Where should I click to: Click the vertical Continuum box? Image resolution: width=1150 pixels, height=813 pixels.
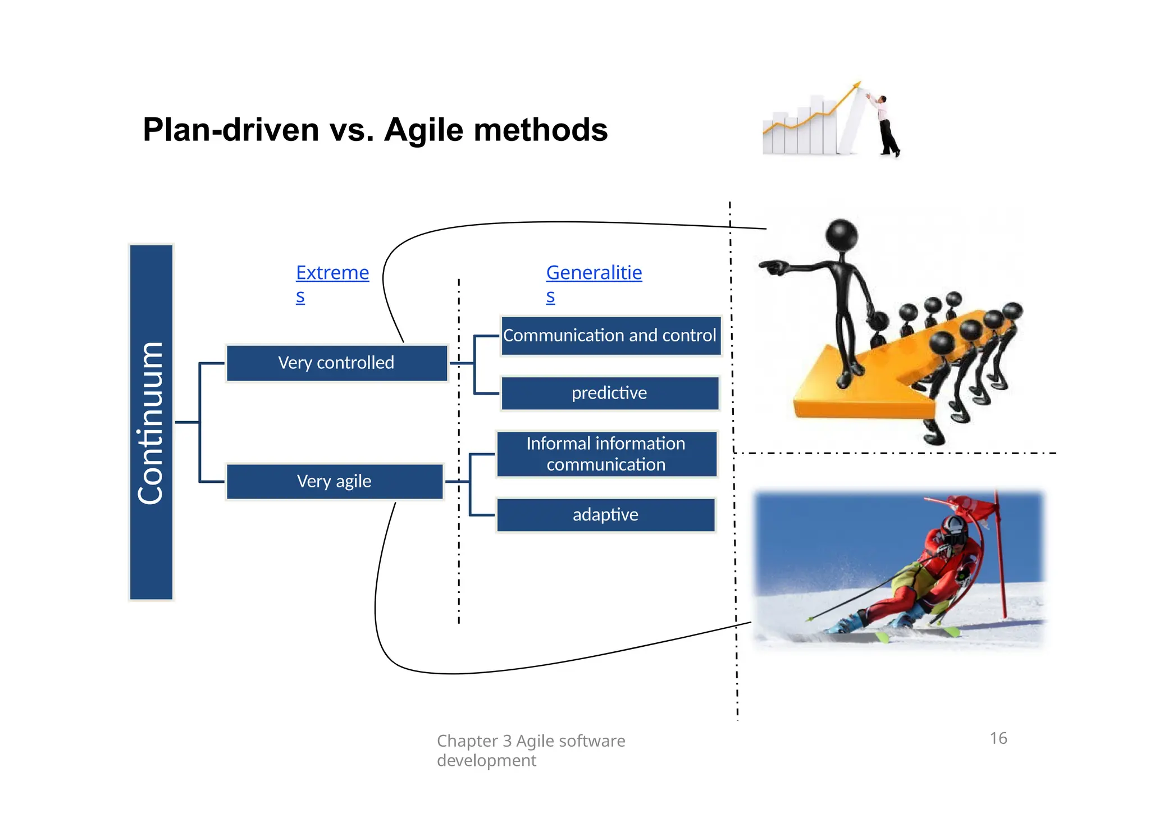(151, 422)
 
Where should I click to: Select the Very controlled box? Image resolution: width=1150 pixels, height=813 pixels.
(336, 363)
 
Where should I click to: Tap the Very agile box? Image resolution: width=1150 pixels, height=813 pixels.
(335, 482)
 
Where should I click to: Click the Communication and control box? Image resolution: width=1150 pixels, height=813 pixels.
(610, 336)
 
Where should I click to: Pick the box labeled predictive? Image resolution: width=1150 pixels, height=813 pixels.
(610, 393)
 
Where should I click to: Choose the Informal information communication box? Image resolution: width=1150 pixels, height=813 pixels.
(606, 454)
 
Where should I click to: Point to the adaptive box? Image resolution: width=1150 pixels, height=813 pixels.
(605, 515)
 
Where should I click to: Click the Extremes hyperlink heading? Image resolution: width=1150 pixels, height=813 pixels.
(332, 273)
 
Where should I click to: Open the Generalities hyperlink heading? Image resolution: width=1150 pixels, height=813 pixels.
(594, 273)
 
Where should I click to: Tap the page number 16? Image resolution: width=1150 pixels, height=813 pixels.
(998, 738)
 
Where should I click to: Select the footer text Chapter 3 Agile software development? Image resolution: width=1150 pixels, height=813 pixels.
(530, 750)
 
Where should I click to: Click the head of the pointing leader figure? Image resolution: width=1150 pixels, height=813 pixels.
(841, 235)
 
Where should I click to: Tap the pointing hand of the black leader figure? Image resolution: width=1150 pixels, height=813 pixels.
(773, 267)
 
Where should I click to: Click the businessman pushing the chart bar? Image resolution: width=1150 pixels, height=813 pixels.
(886, 126)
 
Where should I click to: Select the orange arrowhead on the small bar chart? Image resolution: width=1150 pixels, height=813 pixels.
(856, 85)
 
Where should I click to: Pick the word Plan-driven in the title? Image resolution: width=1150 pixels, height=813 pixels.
(231, 130)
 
